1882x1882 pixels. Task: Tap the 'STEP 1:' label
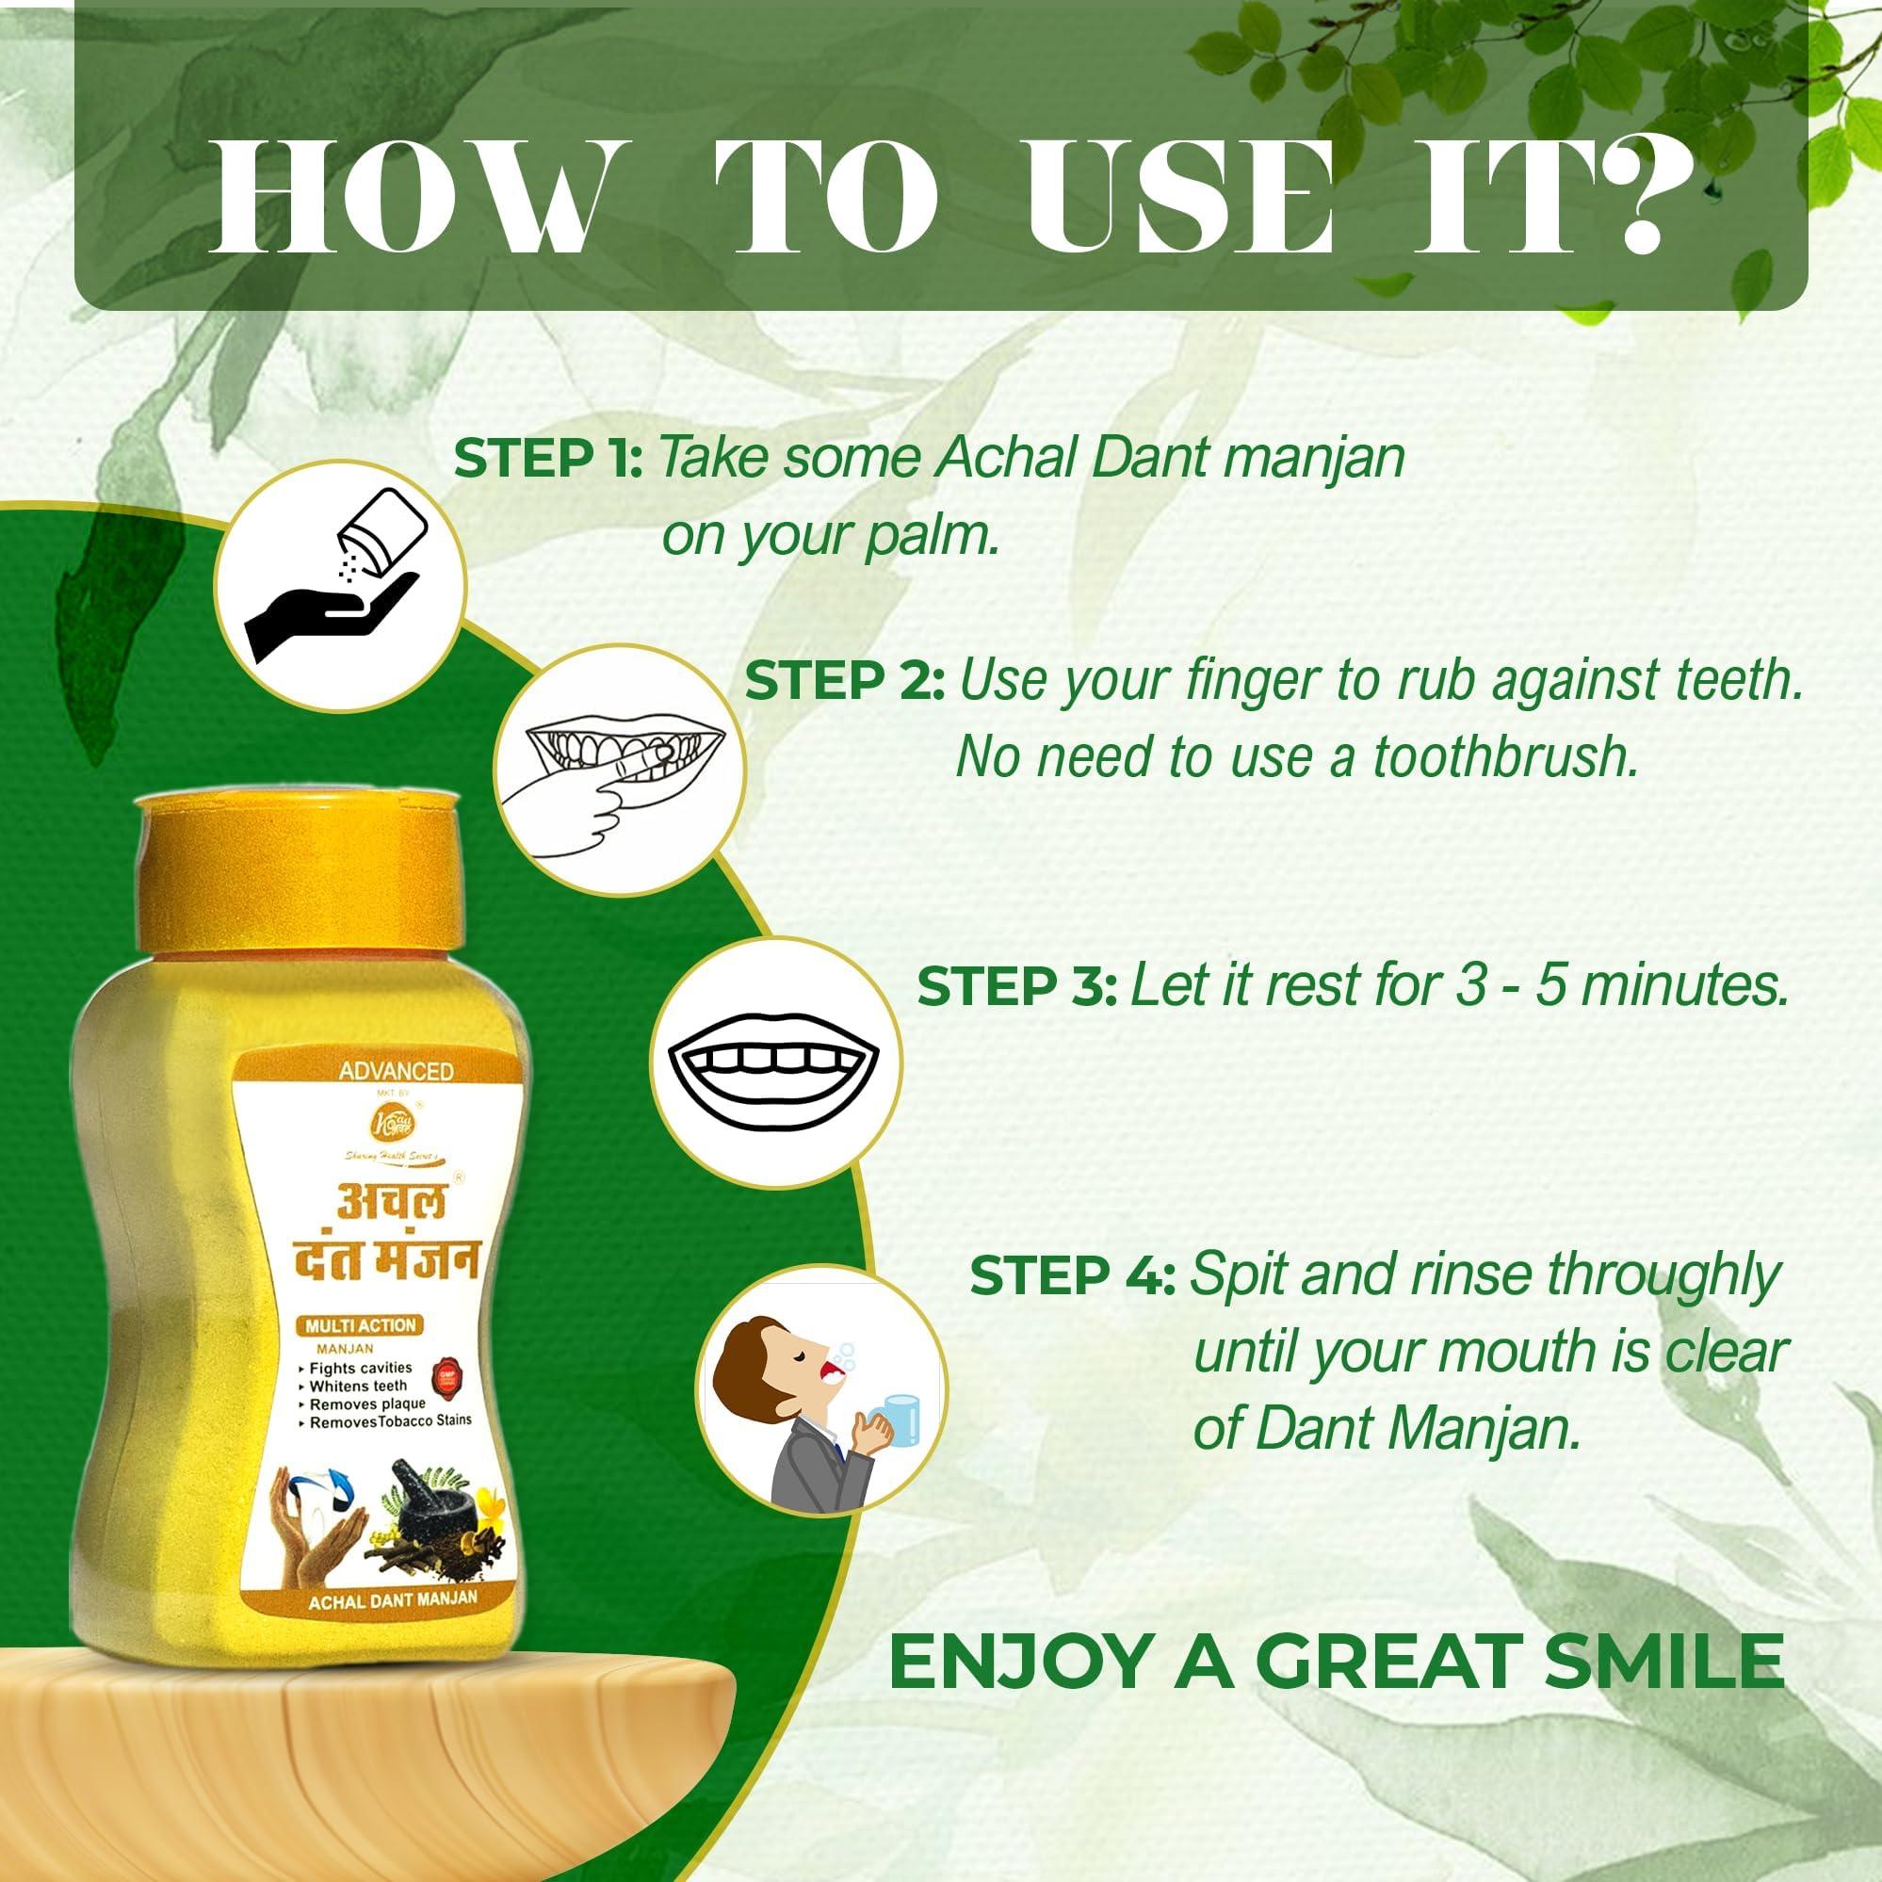[547, 459]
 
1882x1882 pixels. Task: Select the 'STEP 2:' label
[845, 680]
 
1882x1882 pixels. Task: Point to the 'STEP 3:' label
[1016, 988]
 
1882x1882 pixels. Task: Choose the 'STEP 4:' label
[1073, 1275]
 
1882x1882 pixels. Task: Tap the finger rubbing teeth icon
[620, 771]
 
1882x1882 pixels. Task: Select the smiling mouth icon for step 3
[775, 1063]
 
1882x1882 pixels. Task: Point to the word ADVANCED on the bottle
[396, 1071]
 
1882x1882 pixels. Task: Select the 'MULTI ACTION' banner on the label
[361, 1324]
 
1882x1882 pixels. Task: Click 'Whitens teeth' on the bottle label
[358, 1386]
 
